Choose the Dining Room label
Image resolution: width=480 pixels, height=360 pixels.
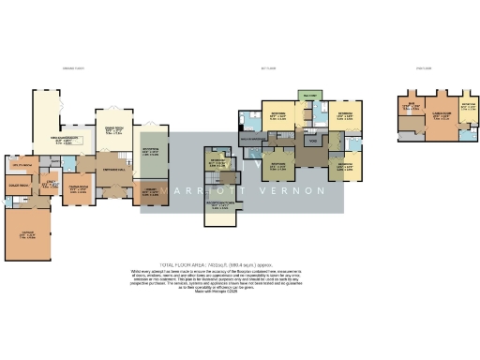114,128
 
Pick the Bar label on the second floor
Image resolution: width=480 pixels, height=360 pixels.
410,107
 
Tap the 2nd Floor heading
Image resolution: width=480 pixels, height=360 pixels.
424,68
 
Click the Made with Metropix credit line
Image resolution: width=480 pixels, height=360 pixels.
239,293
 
